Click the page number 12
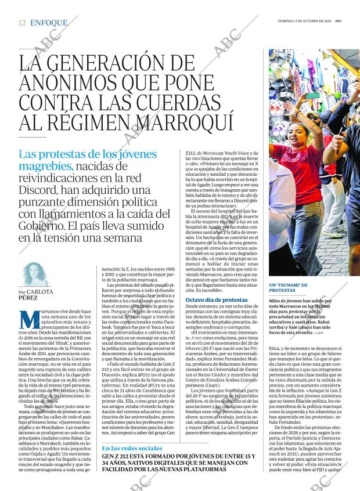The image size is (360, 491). (x=22, y=23)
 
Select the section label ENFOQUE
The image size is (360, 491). (x=49, y=23)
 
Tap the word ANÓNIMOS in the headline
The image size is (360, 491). (x=67, y=83)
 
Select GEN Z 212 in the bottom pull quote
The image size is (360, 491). (x=119, y=456)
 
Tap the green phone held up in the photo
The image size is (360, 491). (x=314, y=95)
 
